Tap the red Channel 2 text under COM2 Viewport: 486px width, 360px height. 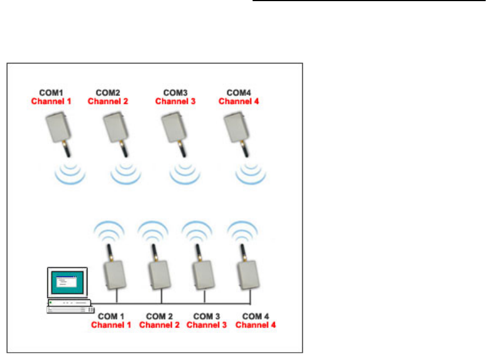point(108,102)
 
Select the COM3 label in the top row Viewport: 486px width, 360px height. point(175,92)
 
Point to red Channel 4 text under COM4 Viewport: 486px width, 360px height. point(239,102)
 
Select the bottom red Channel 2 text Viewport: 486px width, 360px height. point(160,325)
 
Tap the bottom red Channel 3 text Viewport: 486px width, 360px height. point(206,325)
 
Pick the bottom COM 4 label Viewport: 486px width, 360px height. point(256,316)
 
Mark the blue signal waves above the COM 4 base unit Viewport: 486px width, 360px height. point(242,229)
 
